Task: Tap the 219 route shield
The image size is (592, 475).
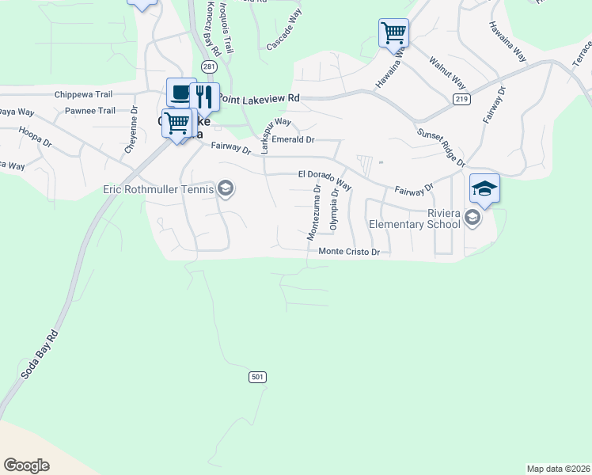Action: point(461,98)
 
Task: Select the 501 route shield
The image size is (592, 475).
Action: point(257,377)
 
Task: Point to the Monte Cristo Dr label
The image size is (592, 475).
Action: point(350,252)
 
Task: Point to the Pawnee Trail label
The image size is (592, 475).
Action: point(89,111)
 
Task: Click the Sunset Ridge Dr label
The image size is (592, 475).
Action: point(441,147)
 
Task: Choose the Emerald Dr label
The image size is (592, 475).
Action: point(293,139)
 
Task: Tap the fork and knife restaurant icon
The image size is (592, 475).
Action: point(205,97)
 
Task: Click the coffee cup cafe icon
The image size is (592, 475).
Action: point(180,93)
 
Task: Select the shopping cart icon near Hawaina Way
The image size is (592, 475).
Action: point(393,33)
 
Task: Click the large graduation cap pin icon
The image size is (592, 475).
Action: point(484,188)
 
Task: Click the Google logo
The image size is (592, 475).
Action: point(27,465)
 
